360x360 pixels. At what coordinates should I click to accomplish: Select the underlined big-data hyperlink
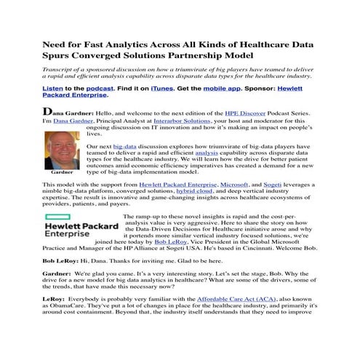[x=125, y=145]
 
